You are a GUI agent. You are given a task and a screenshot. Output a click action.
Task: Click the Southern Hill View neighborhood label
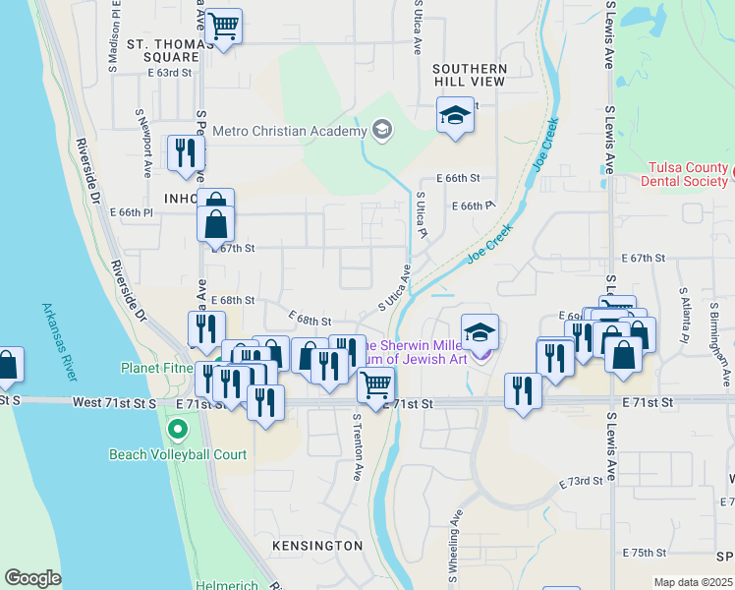(x=470, y=75)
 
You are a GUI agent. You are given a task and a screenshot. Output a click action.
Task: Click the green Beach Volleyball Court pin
(x=178, y=430)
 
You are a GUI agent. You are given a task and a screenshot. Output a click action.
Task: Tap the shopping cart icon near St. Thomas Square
(x=224, y=26)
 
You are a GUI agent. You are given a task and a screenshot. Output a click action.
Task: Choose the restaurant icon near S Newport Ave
(x=186, y=152)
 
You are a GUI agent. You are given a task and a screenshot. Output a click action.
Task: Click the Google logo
(x=32, y=578)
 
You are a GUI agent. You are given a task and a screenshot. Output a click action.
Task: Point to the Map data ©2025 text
(x=693, y=582)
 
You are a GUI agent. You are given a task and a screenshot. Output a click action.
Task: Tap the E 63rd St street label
(x=171, y=72)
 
